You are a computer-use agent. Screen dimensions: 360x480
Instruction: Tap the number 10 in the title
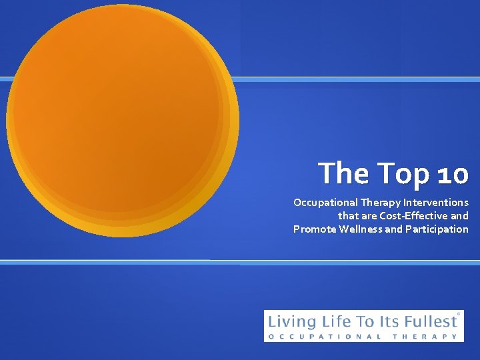pos(453,174)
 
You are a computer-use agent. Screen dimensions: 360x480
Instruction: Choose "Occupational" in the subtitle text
pos(325,202)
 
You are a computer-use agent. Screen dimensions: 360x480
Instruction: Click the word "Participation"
pos(437,229)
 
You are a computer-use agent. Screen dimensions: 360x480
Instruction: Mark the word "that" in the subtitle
pos(349,215)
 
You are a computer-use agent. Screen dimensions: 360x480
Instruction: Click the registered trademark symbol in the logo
pos(459,313)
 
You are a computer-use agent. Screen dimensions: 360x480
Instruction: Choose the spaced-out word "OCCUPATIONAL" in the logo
pos(325,337)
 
